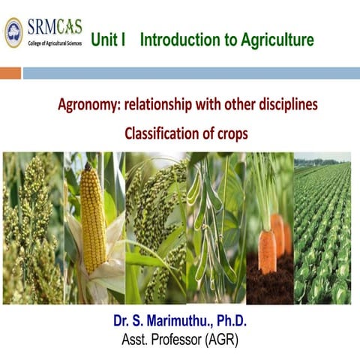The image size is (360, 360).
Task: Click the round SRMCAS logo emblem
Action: (14, 32)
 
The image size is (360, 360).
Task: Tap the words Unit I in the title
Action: (108, 40)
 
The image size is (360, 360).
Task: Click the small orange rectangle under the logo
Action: (10, 73)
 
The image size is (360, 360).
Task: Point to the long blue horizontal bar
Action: (191, 73)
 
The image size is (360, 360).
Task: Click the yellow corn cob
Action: (93, 217)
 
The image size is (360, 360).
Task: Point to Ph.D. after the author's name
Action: (229, 322)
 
